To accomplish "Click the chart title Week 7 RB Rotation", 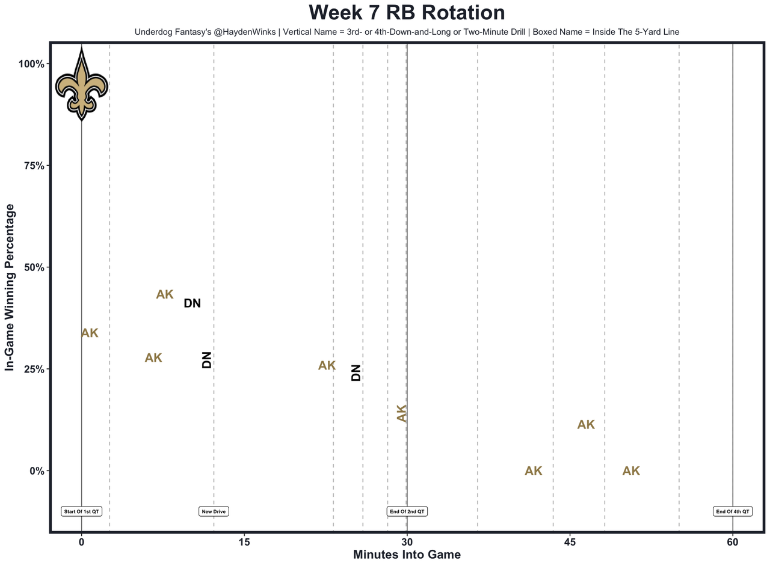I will (407, 13).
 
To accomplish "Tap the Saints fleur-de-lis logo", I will (81, 84).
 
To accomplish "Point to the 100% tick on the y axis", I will (31, 64).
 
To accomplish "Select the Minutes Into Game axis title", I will (407, 555).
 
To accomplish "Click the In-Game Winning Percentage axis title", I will (10, 287).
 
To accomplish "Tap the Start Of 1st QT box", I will (82, 512).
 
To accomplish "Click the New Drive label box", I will (214, 512).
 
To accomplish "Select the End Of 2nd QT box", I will (407, 512).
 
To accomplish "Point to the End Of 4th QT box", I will (732, 512).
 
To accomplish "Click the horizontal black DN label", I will (192, 303).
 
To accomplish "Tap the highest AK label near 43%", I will (165, 294).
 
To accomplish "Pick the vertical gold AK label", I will (402, 413).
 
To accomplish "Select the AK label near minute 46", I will (586, 425).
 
